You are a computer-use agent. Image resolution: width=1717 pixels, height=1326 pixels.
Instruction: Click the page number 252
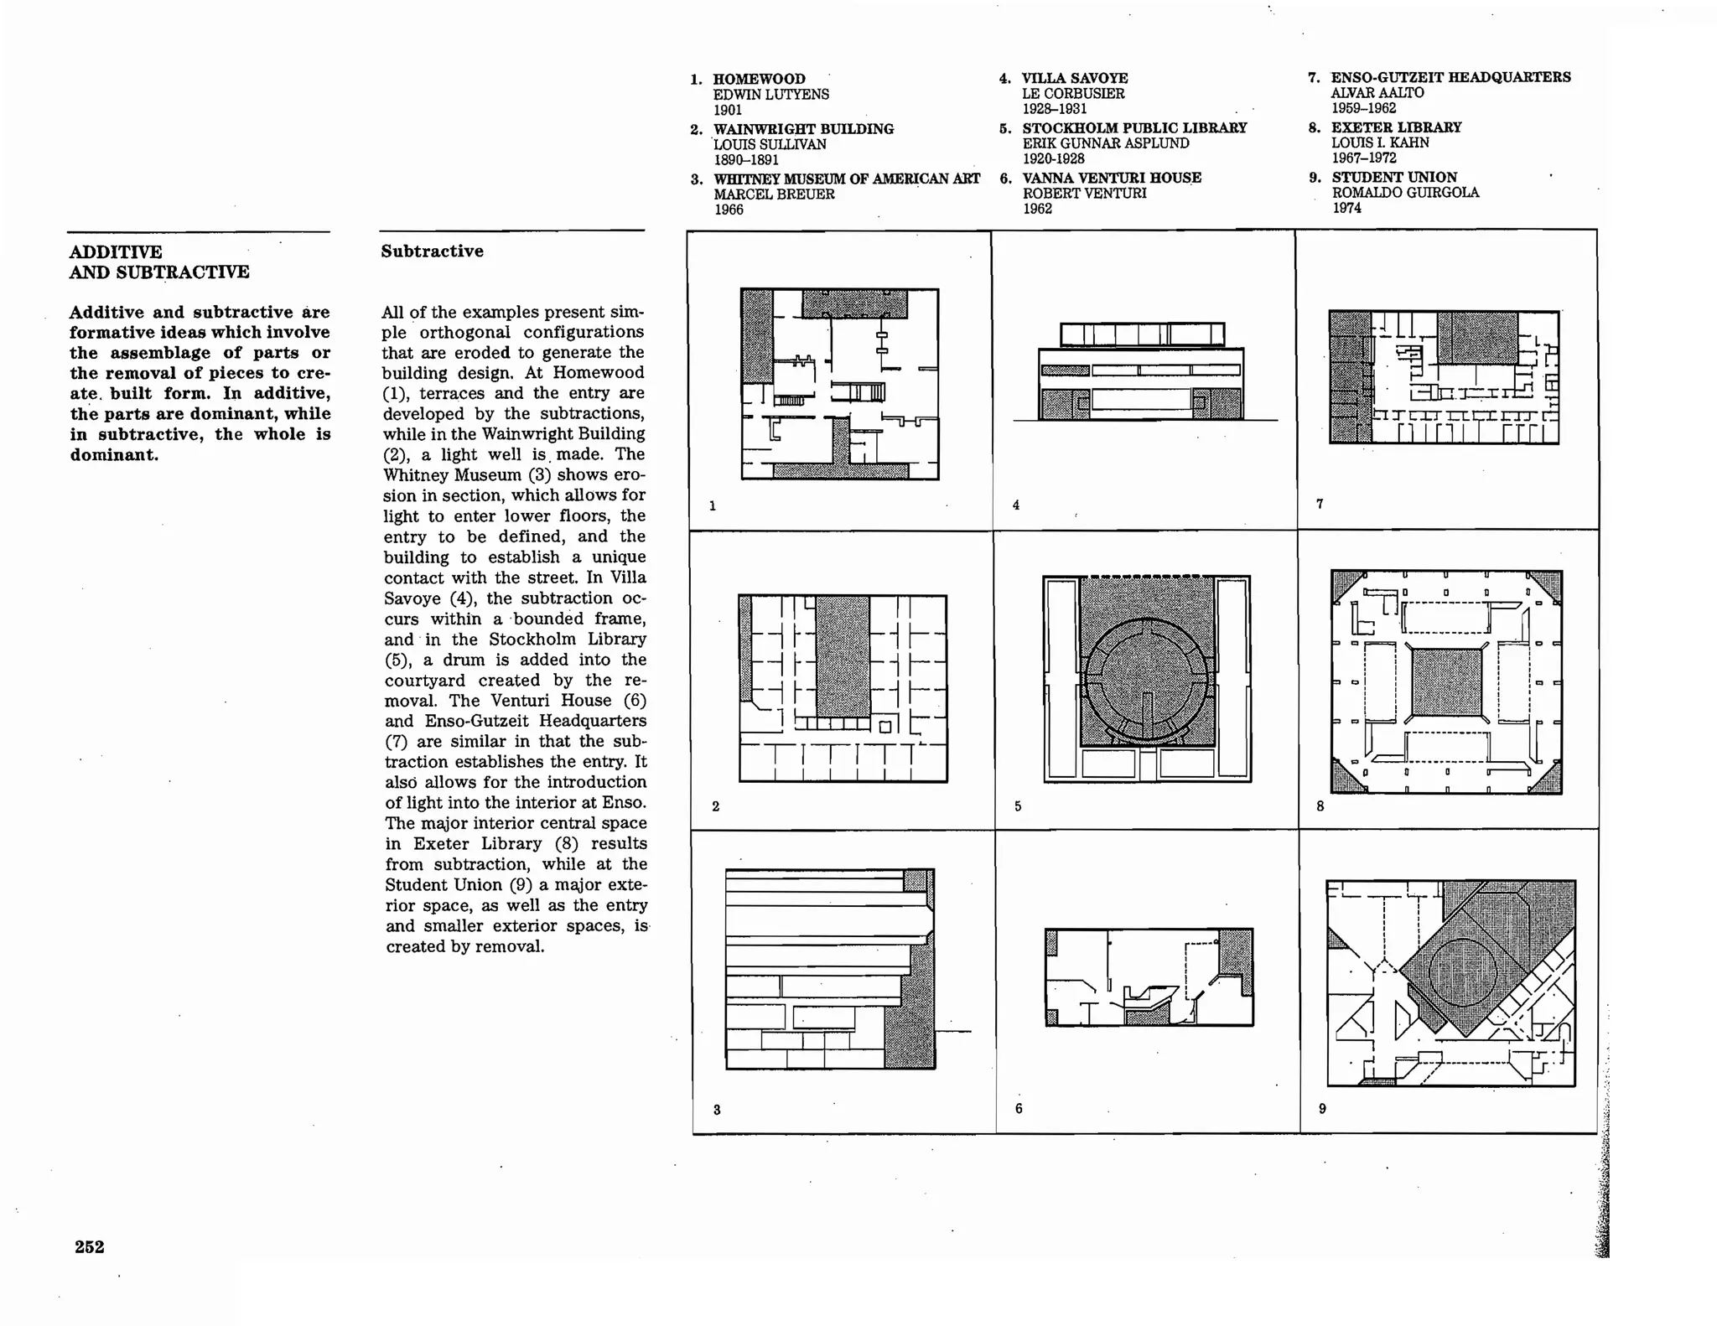pyautogui.click(x=90, y=1246)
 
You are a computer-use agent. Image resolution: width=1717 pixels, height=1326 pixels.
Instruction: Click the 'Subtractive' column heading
pyautogui.click(x=432, y=251)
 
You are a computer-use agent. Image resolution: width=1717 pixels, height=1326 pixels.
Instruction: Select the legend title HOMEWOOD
pyautogui.click(x=759, y=79)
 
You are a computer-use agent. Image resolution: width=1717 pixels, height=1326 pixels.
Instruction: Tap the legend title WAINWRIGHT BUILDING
pyautogui.click(x=803, y=129)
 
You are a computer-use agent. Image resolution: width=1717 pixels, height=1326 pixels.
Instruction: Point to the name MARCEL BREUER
pyautogui.click(x=774, y=194)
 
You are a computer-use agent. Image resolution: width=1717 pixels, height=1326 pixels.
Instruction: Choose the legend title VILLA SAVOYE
pyautogui.click(x=1075, y=78)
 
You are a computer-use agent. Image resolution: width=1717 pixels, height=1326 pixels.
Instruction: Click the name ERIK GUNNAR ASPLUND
pyautogui.click(x=1105, y=143)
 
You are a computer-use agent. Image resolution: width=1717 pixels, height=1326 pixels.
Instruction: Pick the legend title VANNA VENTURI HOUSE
pyautogui.click(x=1112, y=178)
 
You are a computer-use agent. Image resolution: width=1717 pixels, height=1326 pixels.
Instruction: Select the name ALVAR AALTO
pyautogui.click(x=1377, y=92)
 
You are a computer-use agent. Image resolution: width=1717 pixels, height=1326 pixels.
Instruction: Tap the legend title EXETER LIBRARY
pyautogui.click(x=1396, y=127)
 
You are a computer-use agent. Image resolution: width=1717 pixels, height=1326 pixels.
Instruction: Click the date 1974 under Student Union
pyautogui.click(x=1346, y=208)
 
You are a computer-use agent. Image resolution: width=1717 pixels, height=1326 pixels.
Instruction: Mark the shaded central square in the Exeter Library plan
pyautogui.click(x=1446, y=682)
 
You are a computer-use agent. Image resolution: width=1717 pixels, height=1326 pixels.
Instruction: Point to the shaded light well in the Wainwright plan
pyautogui.click(x=843, y=656)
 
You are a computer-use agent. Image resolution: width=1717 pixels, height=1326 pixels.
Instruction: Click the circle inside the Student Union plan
pyautogui.click(x=1462, y=972)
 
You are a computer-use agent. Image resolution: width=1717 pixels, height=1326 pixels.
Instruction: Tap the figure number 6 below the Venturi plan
pyautogui.click(x=1019, y=1108)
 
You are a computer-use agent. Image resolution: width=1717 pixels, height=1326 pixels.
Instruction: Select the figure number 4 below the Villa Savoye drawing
pyautogui.click(x=1016, y=505)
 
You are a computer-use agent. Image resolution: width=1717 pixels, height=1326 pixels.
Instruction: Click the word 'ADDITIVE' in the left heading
pyautogui.click(x=116, y=252)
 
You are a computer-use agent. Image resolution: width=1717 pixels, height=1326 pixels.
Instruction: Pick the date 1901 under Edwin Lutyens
pyautogui.click(x=728, y=110)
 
